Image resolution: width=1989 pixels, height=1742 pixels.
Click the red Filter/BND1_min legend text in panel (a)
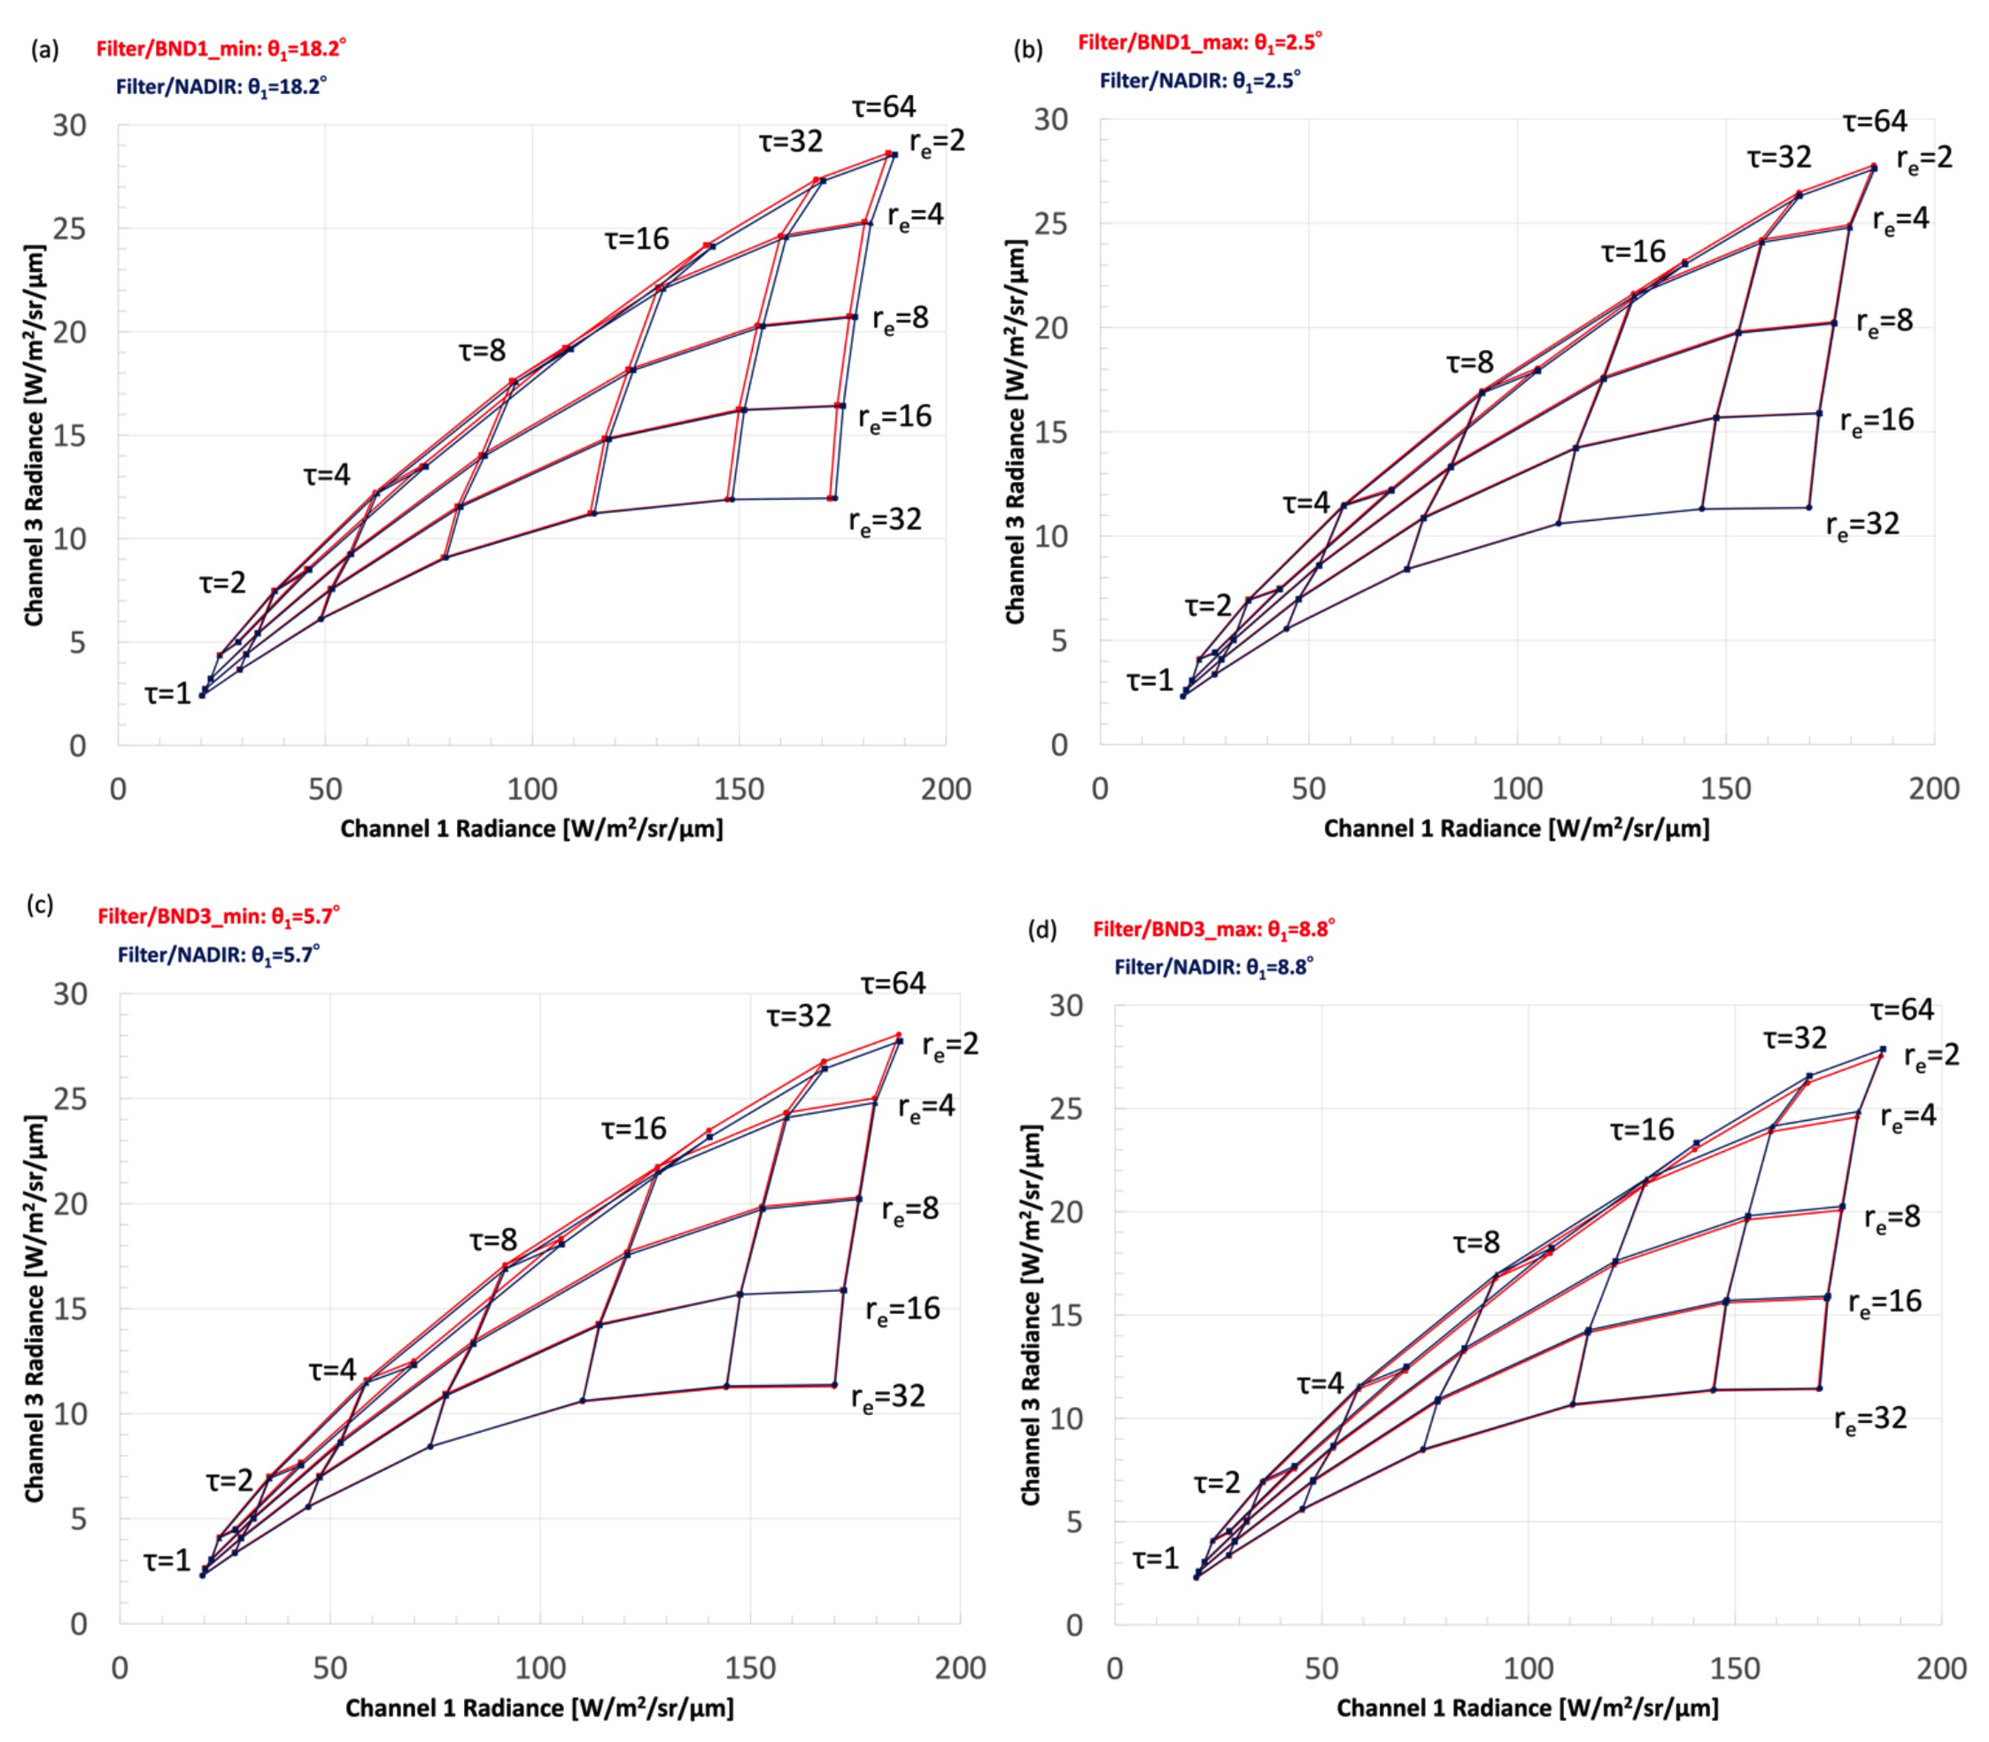click(x=221, y=48)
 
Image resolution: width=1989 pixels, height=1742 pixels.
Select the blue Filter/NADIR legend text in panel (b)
click(x=1199, y=81)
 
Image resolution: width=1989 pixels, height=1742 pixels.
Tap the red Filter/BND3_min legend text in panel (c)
click(x=219, y=915)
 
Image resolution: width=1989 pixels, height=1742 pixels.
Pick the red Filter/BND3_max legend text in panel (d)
click(x=1213, y=929)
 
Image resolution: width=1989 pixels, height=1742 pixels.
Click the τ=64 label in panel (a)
click(x=883, y=106)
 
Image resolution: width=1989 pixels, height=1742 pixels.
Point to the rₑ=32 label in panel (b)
click(x=1861, y=525)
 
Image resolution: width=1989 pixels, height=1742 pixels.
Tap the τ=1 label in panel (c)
click(x=167, y=1561)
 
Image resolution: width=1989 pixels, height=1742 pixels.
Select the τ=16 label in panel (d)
click(x=1641, y=1130)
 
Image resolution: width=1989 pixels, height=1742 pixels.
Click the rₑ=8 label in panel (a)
click(x=900, y=318)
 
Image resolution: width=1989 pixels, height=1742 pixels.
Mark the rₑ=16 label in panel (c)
click(x=902, y=1310)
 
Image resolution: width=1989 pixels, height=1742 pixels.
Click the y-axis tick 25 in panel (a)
click(x=70, y=229)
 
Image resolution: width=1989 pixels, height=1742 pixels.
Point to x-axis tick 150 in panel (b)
click(x=1725, y=789)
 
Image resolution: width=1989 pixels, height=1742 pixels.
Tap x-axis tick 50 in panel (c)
click(x=329, y=1668)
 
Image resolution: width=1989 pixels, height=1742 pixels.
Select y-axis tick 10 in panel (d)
click(x=1065, y=1419)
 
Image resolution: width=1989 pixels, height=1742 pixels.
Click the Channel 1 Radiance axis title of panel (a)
click(x=531, y=828)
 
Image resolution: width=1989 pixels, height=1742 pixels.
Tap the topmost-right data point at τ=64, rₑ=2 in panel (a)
click(x=894, y=154)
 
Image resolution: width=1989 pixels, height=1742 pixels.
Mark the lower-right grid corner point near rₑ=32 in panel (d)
click(x=1819, y=1388)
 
